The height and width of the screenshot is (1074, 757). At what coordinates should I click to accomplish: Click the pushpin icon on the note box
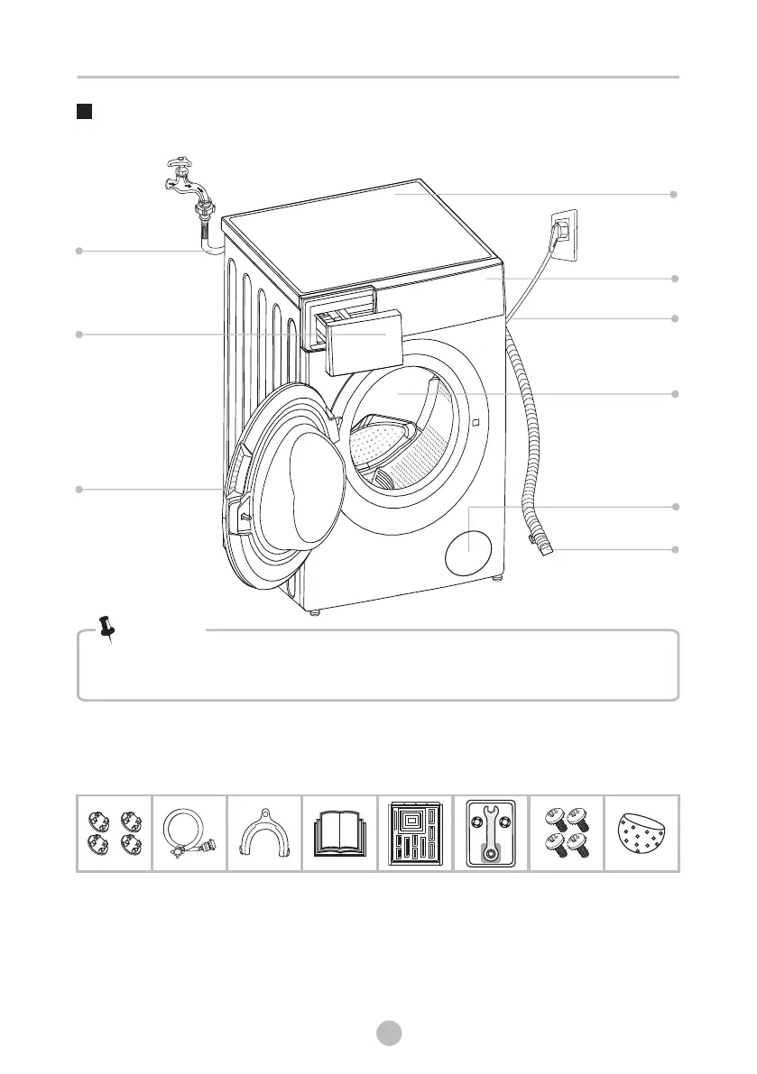(107, 629)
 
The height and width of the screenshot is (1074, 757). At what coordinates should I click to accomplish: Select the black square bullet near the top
(84, 113)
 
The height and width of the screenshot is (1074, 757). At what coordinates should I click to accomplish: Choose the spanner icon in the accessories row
(491, 832)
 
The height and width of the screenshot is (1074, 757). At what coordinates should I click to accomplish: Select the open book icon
(339, 832)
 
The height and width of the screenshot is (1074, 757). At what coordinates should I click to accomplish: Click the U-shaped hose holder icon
(264, 833)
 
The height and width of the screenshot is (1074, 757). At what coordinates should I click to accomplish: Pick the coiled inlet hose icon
(189, 833)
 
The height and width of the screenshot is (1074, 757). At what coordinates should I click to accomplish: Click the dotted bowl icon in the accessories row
(642, 832)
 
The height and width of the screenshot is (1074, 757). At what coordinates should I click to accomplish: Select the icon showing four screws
(566, 832)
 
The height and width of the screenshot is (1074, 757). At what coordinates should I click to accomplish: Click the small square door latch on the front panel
(474, 421)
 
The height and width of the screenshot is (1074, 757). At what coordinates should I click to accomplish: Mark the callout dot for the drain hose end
(673, 549)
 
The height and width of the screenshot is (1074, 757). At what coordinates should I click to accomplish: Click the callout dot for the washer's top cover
(673, 194)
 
